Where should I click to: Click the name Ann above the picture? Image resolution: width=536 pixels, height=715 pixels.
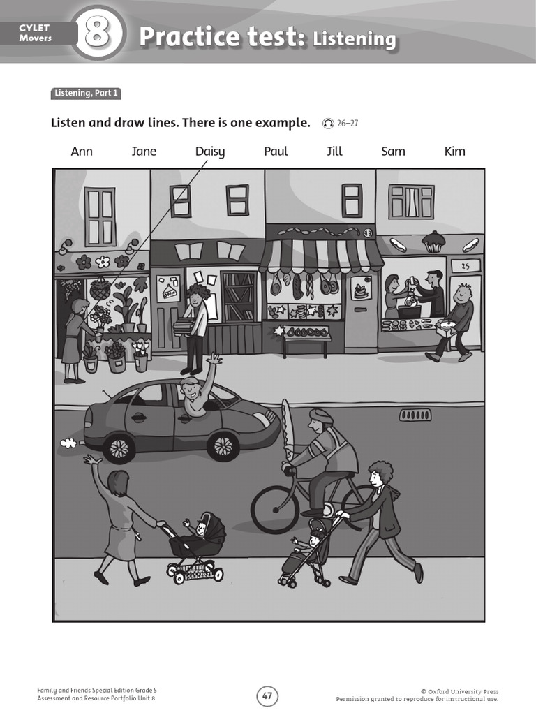[82, 152]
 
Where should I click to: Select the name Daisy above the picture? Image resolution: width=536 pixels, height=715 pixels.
[209, 152]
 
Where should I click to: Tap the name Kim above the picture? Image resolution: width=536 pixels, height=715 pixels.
[454, 152]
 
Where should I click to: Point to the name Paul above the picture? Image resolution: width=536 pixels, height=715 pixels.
[276, 152]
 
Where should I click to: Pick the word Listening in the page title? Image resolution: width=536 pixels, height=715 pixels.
[355, 39]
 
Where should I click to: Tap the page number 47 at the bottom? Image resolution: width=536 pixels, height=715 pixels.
[268, 695]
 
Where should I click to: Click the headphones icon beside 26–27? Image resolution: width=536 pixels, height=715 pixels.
[328, 124]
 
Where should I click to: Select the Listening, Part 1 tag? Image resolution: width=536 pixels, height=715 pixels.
[80, 93]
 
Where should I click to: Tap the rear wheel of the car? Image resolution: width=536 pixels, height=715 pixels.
[119, 448]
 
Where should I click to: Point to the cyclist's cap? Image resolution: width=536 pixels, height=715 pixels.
[321, 415]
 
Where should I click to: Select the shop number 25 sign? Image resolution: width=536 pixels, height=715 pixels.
[466, 265]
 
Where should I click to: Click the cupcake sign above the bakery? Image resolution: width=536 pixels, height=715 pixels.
[433, 242]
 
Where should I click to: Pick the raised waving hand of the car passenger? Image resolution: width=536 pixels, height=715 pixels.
[214, 359]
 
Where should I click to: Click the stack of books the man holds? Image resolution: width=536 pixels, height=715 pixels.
[183, 325]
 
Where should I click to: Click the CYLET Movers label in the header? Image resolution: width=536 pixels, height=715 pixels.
[35, 33]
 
